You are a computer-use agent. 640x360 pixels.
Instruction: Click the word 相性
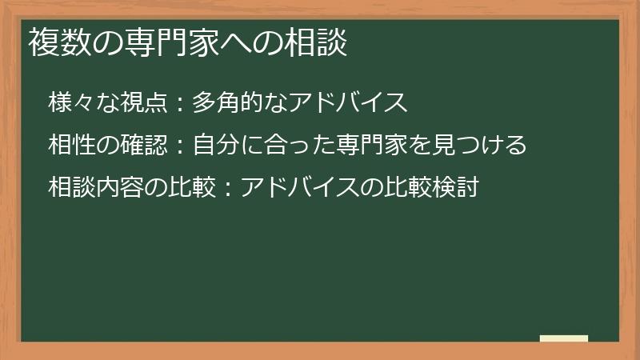(x=66, y=146)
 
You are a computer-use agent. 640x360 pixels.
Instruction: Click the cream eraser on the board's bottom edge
(x=564, y=338)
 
